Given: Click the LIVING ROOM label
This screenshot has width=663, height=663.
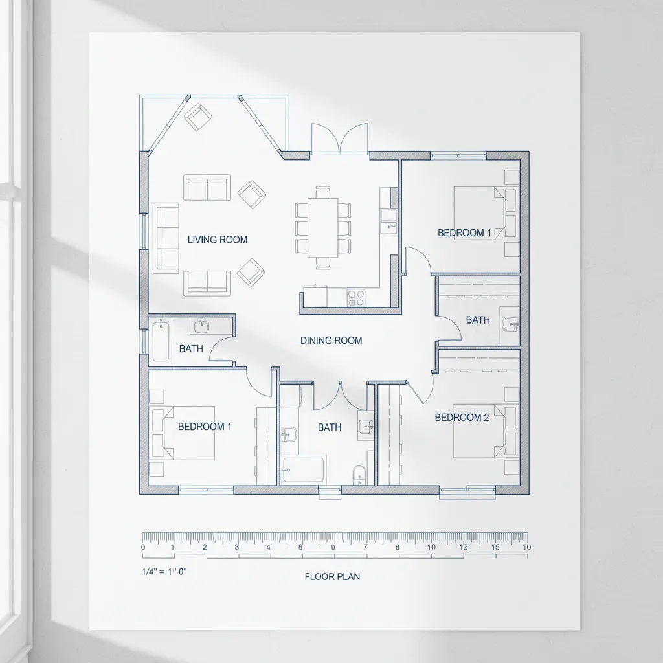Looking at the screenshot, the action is point(218,240).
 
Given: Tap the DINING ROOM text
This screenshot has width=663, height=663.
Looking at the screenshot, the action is point(331,341).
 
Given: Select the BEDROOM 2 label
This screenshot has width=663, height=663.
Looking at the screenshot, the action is point(462,418).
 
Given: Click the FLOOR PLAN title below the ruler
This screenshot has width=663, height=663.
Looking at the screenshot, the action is point(332,576).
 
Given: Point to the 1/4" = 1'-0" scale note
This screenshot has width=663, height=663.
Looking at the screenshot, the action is point(164,572).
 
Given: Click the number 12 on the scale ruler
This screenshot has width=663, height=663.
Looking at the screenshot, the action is point(464,547).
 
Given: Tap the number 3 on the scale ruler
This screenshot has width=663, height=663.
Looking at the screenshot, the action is point(236,547).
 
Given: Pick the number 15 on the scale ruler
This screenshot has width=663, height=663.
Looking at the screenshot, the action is point(495,547).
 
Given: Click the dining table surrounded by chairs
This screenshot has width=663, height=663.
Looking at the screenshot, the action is point(322,227).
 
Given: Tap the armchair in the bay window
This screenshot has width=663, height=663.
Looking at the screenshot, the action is point(198,117).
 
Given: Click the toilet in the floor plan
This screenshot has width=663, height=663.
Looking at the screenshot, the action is point(359,475).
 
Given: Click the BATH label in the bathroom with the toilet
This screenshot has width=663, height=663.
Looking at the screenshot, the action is point(330,427).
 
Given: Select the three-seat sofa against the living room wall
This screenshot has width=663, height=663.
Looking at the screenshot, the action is point(166,237).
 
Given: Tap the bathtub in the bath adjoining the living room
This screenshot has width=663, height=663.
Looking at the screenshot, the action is point(161,342).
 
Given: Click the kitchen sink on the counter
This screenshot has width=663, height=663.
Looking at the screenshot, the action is point(388,221).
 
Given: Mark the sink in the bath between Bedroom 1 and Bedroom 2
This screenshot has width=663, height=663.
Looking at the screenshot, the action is point(510,324).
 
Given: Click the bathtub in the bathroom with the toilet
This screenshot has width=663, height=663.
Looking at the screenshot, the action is point(304,470).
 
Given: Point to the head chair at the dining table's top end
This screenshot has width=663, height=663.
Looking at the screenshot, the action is point(322,192).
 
